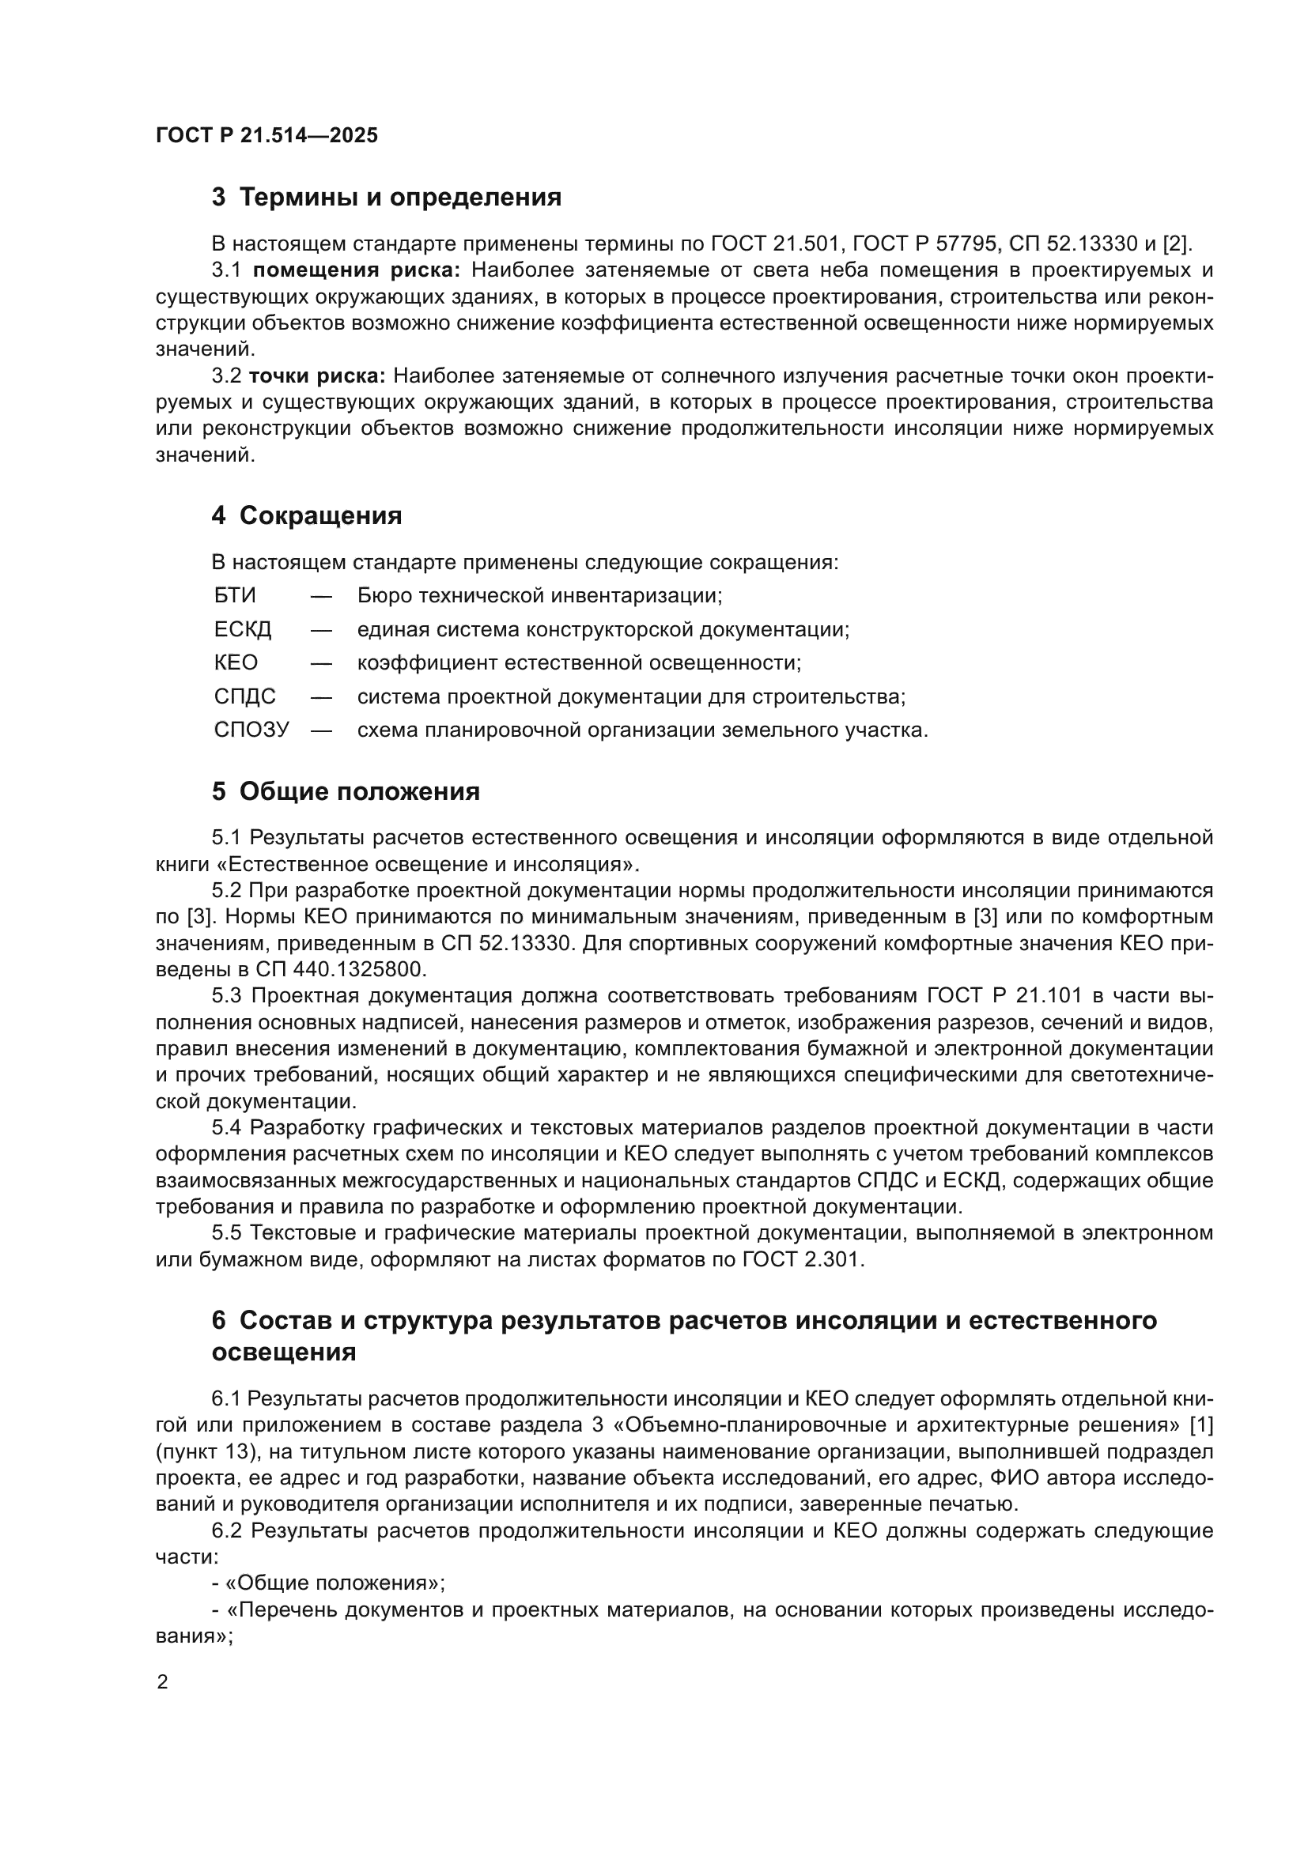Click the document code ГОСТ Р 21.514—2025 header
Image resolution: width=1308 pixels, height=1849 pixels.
[267, 135]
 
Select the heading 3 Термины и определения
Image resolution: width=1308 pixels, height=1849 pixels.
[386, 198]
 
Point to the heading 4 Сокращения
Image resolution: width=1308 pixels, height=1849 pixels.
[306, 515]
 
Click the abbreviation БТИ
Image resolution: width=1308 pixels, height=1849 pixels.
[235, 596]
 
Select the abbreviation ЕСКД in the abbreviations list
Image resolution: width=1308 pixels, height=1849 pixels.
[243, 630]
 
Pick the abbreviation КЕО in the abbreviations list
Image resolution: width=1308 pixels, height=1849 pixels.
[236, 662]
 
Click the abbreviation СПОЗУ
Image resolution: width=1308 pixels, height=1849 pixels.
[251, 730]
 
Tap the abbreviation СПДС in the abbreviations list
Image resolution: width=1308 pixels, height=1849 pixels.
[245, 696]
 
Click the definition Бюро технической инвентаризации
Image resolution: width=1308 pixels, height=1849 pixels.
[539, 596]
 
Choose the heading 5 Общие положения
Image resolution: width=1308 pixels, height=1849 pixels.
[346, 791]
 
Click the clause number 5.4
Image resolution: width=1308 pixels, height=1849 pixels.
[229, 1128]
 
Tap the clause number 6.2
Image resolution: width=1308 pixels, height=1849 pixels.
[229, 1531]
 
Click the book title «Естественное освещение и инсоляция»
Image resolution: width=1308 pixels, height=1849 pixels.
[428, 864]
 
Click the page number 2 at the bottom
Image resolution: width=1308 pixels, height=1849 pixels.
[163, 1682]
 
